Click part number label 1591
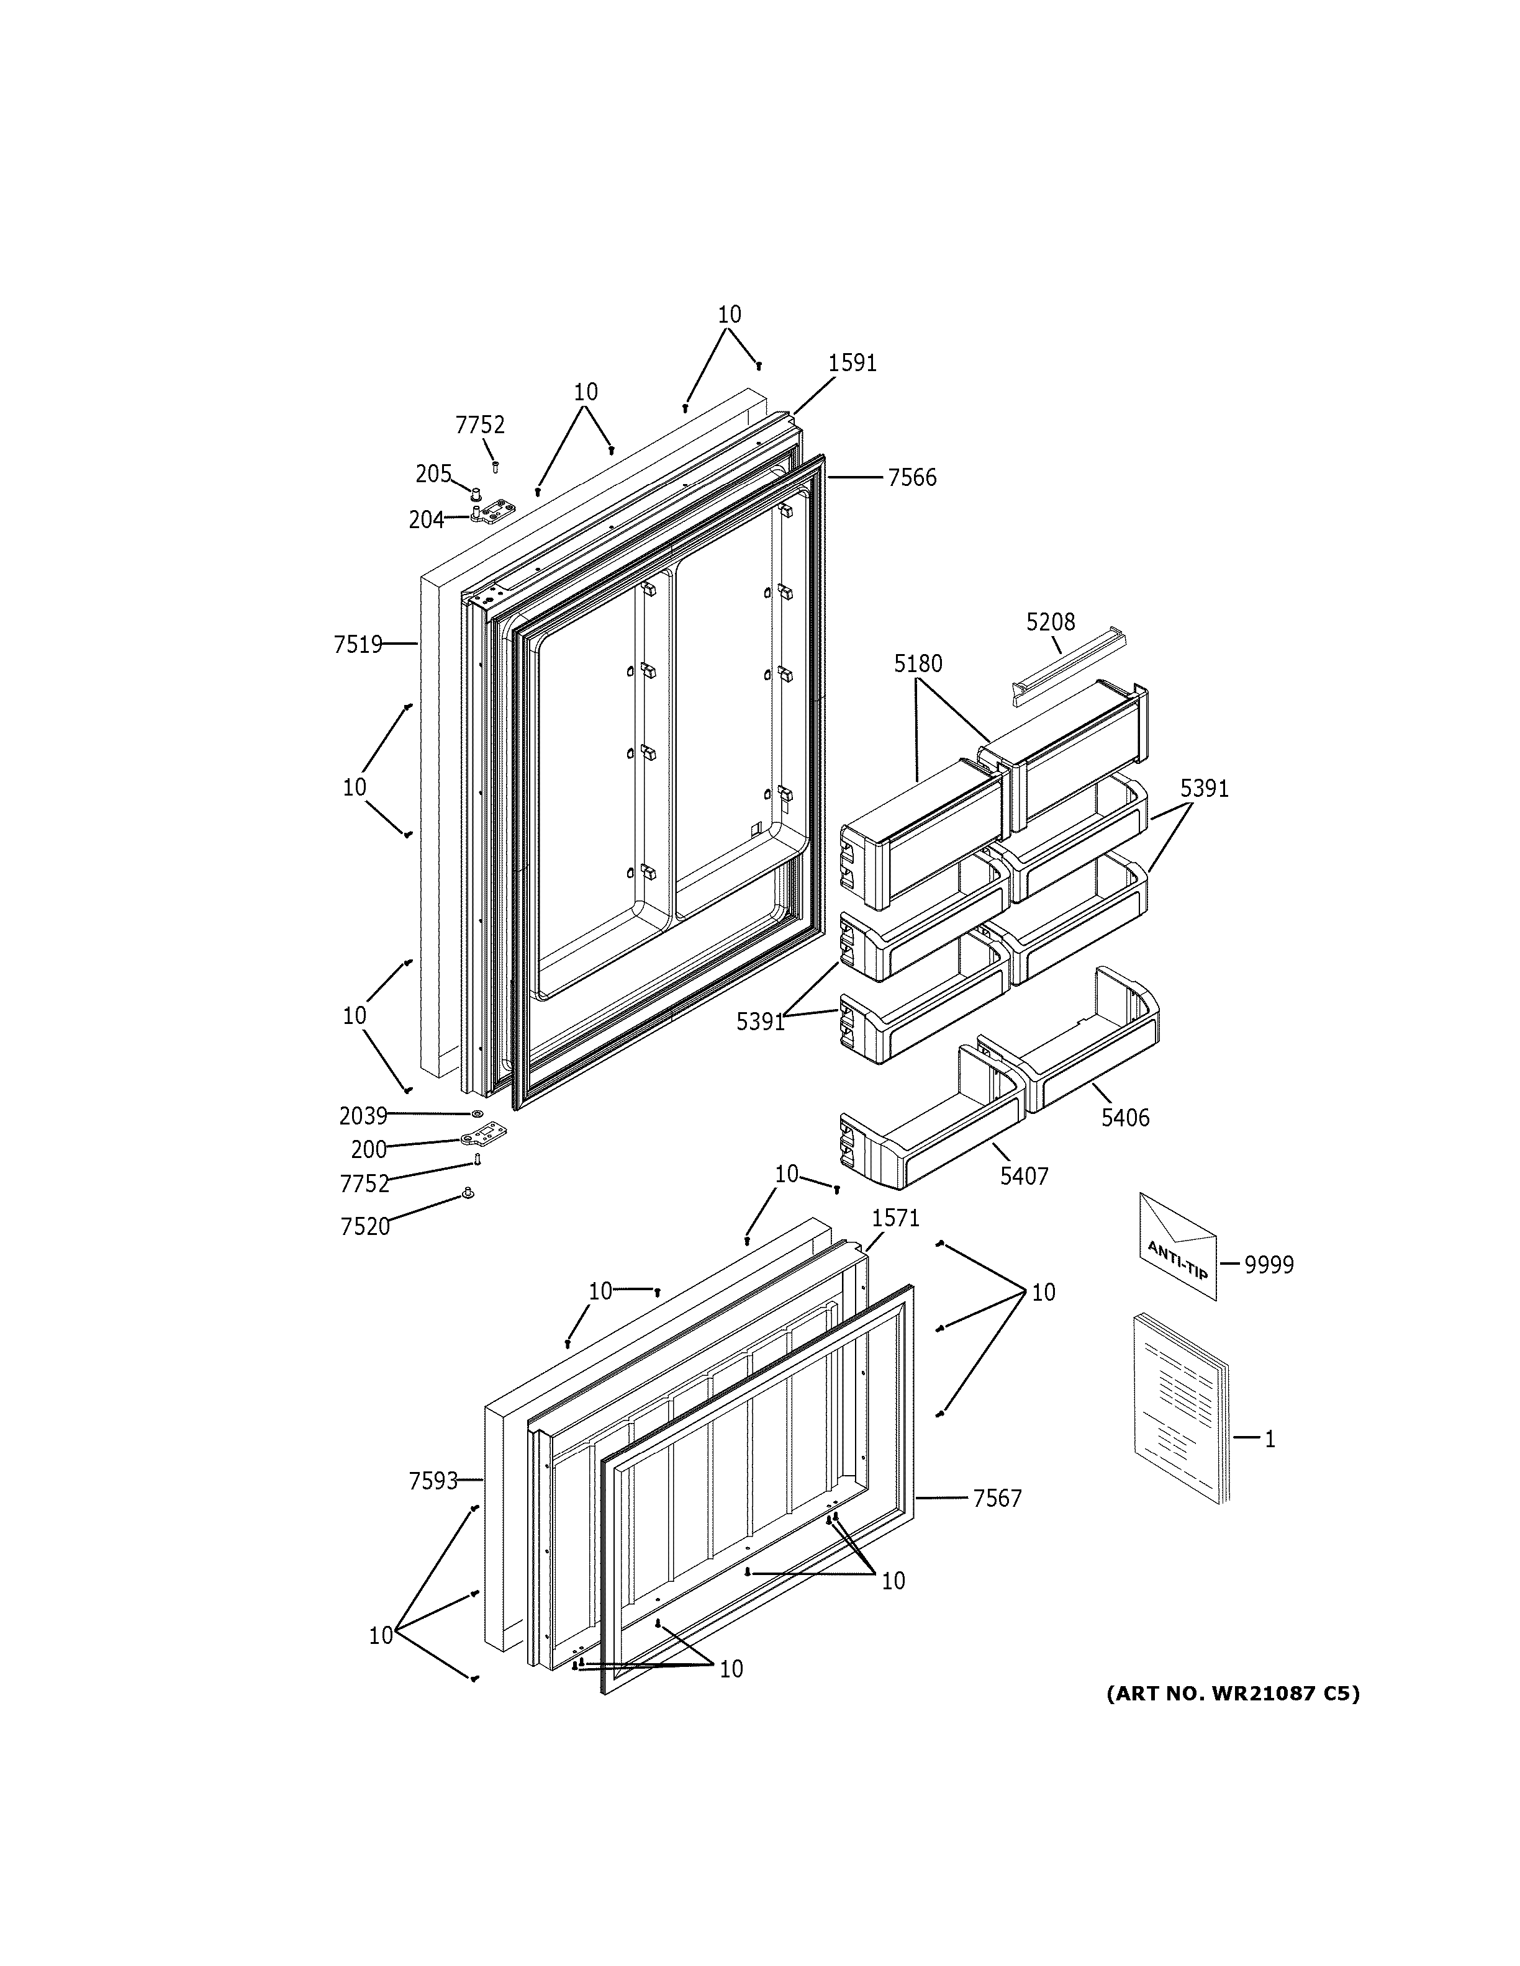[852, 363]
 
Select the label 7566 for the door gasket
[912, 478]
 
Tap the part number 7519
[358, 645]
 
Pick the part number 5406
[1124, 1117]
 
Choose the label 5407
[1024, 1175]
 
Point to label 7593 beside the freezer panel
[433, 1481]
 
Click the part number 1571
[895, 1218]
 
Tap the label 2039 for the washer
[363, 1116]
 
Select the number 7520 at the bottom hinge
[364, 1226]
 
